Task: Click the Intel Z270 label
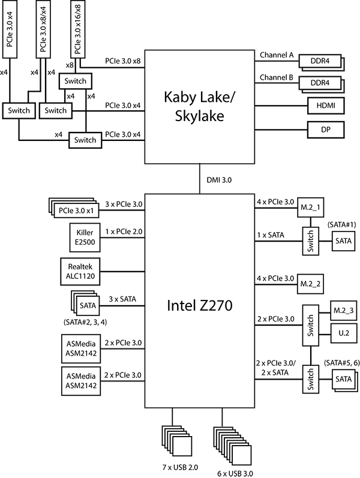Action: pos(199,306)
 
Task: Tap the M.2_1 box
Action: pos(310,208)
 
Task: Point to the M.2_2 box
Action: pos(310,282)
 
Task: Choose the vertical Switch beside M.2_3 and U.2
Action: pos(311,324)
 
